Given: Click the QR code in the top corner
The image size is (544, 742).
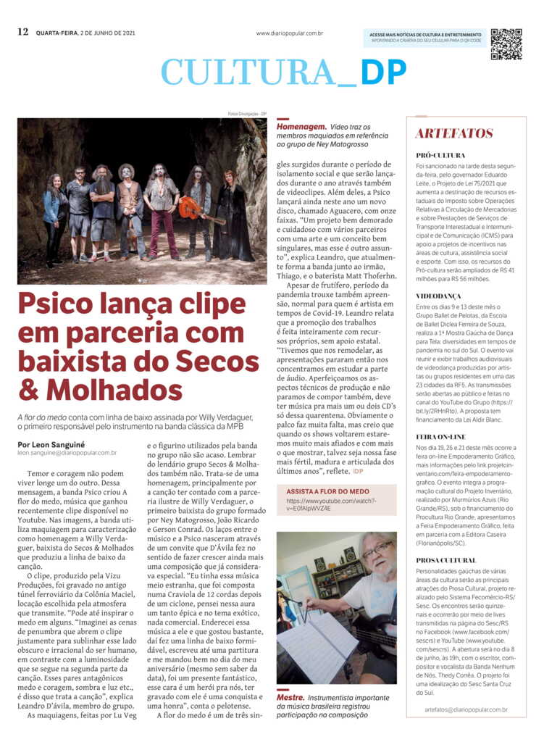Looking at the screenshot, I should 506,44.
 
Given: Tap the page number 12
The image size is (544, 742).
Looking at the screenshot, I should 22,32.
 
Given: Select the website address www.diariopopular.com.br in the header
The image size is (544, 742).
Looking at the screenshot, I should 289,33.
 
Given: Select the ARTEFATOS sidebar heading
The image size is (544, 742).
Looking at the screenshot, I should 453,134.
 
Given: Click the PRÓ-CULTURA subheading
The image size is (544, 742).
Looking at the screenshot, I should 440,155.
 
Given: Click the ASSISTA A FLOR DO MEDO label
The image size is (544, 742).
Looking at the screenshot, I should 327,491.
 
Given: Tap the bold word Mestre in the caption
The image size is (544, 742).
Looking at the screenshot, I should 290,697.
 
